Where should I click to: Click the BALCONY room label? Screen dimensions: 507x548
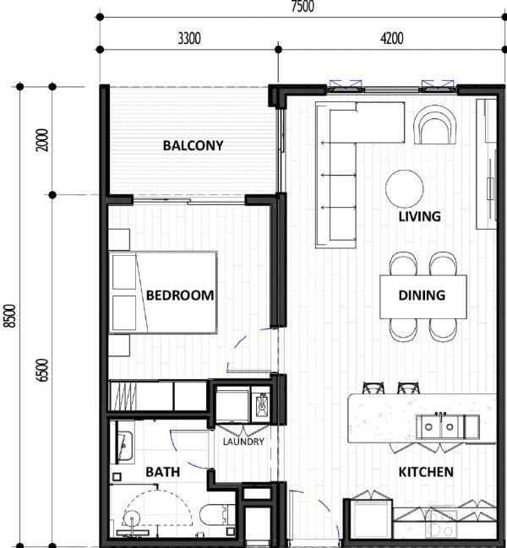(x=193, y=145)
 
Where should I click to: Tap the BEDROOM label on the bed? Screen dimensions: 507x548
(x=180, y=296)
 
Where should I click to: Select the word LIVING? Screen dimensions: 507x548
(x=420, y=217)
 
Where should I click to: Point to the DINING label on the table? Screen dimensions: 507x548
(x=422, y=296)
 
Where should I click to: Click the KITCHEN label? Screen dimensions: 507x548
(x=426, y=472)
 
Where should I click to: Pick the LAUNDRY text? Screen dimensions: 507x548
(x=243, y=442)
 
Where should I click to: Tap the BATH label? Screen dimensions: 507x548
(x=162, y=472)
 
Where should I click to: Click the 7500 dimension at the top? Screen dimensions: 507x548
(x=303, y=6)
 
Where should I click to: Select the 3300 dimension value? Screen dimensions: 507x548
(x=189, y=39)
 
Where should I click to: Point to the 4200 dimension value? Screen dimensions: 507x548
(x=391, y=39)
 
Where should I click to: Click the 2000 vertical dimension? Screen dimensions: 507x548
(x=42, y=140)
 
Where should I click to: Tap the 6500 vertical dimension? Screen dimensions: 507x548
(x=42, y=371)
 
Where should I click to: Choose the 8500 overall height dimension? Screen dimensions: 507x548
(x=10, y=317)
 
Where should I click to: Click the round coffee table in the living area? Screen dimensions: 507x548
(x=405, y=189)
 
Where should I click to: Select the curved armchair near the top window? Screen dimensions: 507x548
(x=435, y=125)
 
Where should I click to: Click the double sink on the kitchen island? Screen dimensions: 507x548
(x=440, y=426)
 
